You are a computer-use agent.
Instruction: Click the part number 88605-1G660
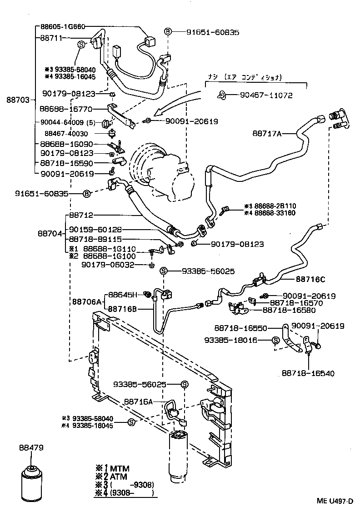point(62,27)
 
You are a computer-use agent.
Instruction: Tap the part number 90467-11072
point(265,95)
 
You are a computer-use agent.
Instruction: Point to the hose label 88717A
point(267,133)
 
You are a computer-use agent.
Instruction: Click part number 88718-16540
point(308,373)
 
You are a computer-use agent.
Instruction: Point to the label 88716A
point(138,402)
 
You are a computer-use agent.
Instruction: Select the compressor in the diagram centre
point(157,171)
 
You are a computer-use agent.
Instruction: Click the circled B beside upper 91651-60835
point(168,31)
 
